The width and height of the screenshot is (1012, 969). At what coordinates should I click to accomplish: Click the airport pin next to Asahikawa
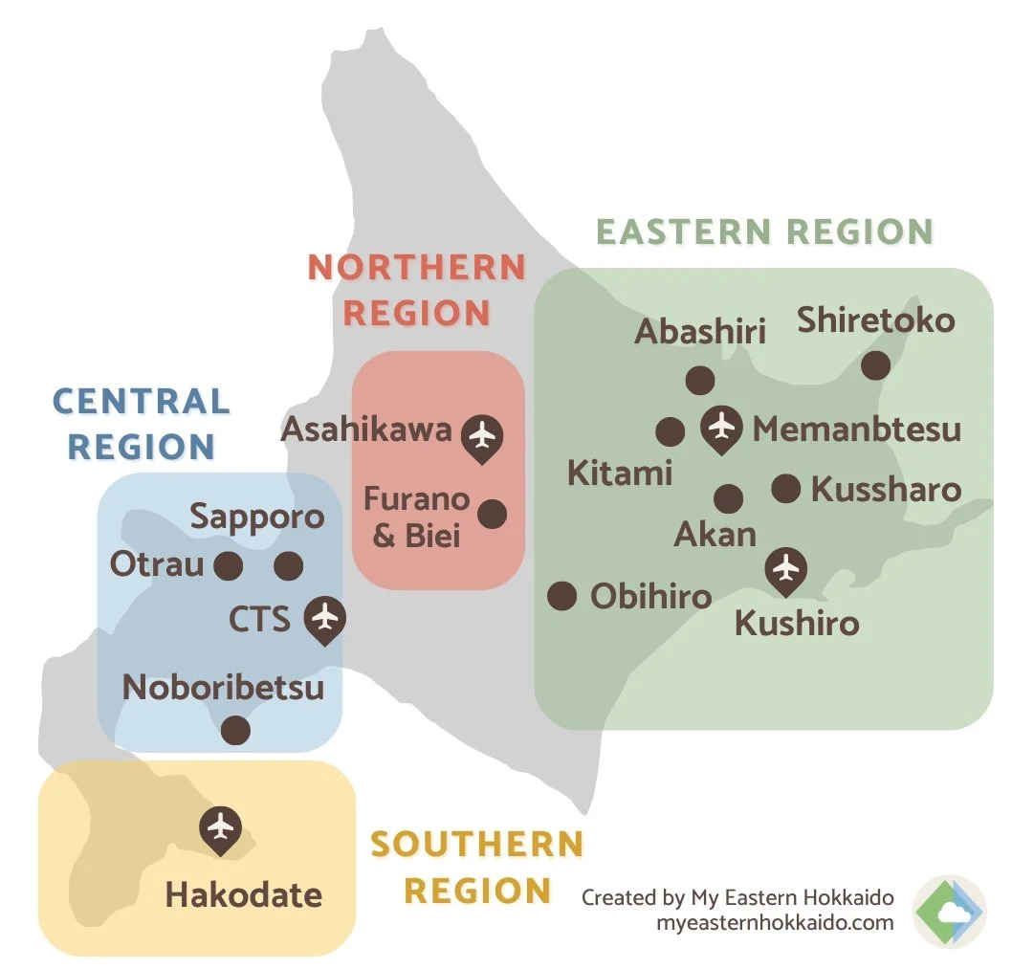click(x=483, y=435)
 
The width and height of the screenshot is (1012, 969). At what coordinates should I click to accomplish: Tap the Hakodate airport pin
click(x=221, y=825)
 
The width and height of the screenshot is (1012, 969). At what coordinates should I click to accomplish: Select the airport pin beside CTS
click(x=325, y=617)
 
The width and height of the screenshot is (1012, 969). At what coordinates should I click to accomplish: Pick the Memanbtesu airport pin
click(x=721, y=425)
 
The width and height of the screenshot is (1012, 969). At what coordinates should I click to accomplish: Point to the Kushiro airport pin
click(x=786, y=569)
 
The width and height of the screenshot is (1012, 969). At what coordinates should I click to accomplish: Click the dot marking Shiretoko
click(x=875, y=364)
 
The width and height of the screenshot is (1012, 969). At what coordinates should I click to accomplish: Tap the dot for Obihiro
click(x=561, y=596)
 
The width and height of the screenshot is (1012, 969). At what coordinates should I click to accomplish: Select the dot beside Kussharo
click(x=785, y=489)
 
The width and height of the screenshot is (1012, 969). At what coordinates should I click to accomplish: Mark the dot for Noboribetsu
click(x=235, y=731)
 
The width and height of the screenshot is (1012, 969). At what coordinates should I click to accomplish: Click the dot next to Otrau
click(x=228, y=566)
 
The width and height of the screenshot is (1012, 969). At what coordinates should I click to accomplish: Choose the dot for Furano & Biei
click(x=492, y=514)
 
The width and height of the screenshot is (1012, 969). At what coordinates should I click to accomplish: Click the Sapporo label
click(x=256, y=518)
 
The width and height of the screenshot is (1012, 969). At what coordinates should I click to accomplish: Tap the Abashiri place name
click(x=700, y=332)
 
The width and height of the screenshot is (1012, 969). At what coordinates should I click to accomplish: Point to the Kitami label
click(x=620, y=473)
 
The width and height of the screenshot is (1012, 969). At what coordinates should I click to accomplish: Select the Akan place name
click(x=715, y=534)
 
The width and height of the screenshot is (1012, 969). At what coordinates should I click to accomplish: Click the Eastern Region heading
click(x=764, y=232)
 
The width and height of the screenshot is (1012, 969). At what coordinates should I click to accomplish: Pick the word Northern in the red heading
click(x=416, y=268)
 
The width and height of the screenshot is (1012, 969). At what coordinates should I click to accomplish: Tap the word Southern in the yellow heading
click(x=476, y=845)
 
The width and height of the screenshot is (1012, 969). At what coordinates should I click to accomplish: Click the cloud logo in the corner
click(x=948, y=912)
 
